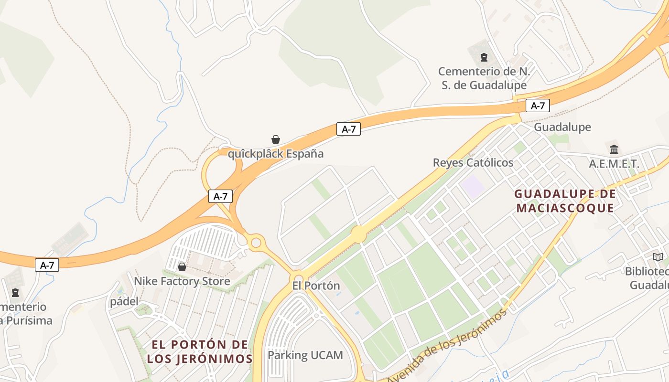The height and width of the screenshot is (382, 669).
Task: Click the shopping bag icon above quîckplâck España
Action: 276,139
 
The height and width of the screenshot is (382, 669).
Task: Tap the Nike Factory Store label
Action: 182,281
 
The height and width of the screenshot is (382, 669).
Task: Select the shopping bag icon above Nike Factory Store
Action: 182,266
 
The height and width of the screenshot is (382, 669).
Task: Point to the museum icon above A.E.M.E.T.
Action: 614,149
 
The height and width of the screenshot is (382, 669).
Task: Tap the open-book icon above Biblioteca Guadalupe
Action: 658,257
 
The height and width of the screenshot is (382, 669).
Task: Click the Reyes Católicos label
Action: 473,162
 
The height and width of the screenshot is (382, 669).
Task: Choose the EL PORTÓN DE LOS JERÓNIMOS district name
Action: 199,351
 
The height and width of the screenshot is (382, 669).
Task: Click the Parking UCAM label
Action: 305,355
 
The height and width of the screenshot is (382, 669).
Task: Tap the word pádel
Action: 124,301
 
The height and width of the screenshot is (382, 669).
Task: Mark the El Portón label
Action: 316,286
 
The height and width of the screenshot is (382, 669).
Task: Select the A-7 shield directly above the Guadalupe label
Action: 538,106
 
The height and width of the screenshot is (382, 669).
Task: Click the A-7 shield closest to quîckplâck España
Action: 348,128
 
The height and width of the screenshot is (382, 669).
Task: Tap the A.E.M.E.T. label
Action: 614,164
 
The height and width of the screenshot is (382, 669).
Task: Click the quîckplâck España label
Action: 275,154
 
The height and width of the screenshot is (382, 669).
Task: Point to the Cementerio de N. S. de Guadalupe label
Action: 483,78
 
